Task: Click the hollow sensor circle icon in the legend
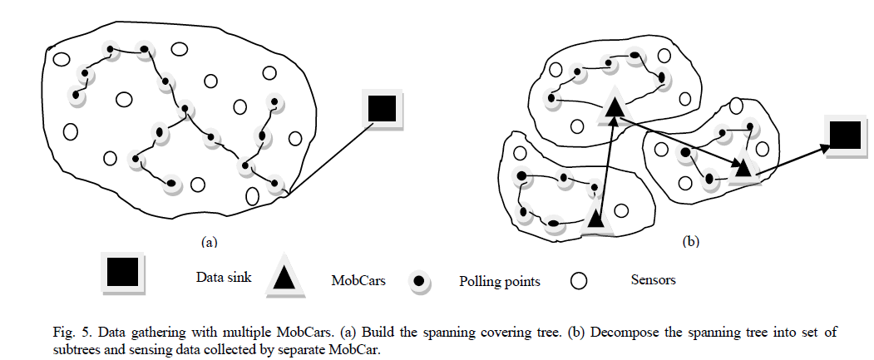(580, 280)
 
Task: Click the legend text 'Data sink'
(222, 277)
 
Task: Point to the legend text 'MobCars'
(354, 280)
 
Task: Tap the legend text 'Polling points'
(500, 281)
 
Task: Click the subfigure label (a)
(209, 243)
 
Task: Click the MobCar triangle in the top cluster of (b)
(614, 106)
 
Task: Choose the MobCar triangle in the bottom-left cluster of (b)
(595, 218)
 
